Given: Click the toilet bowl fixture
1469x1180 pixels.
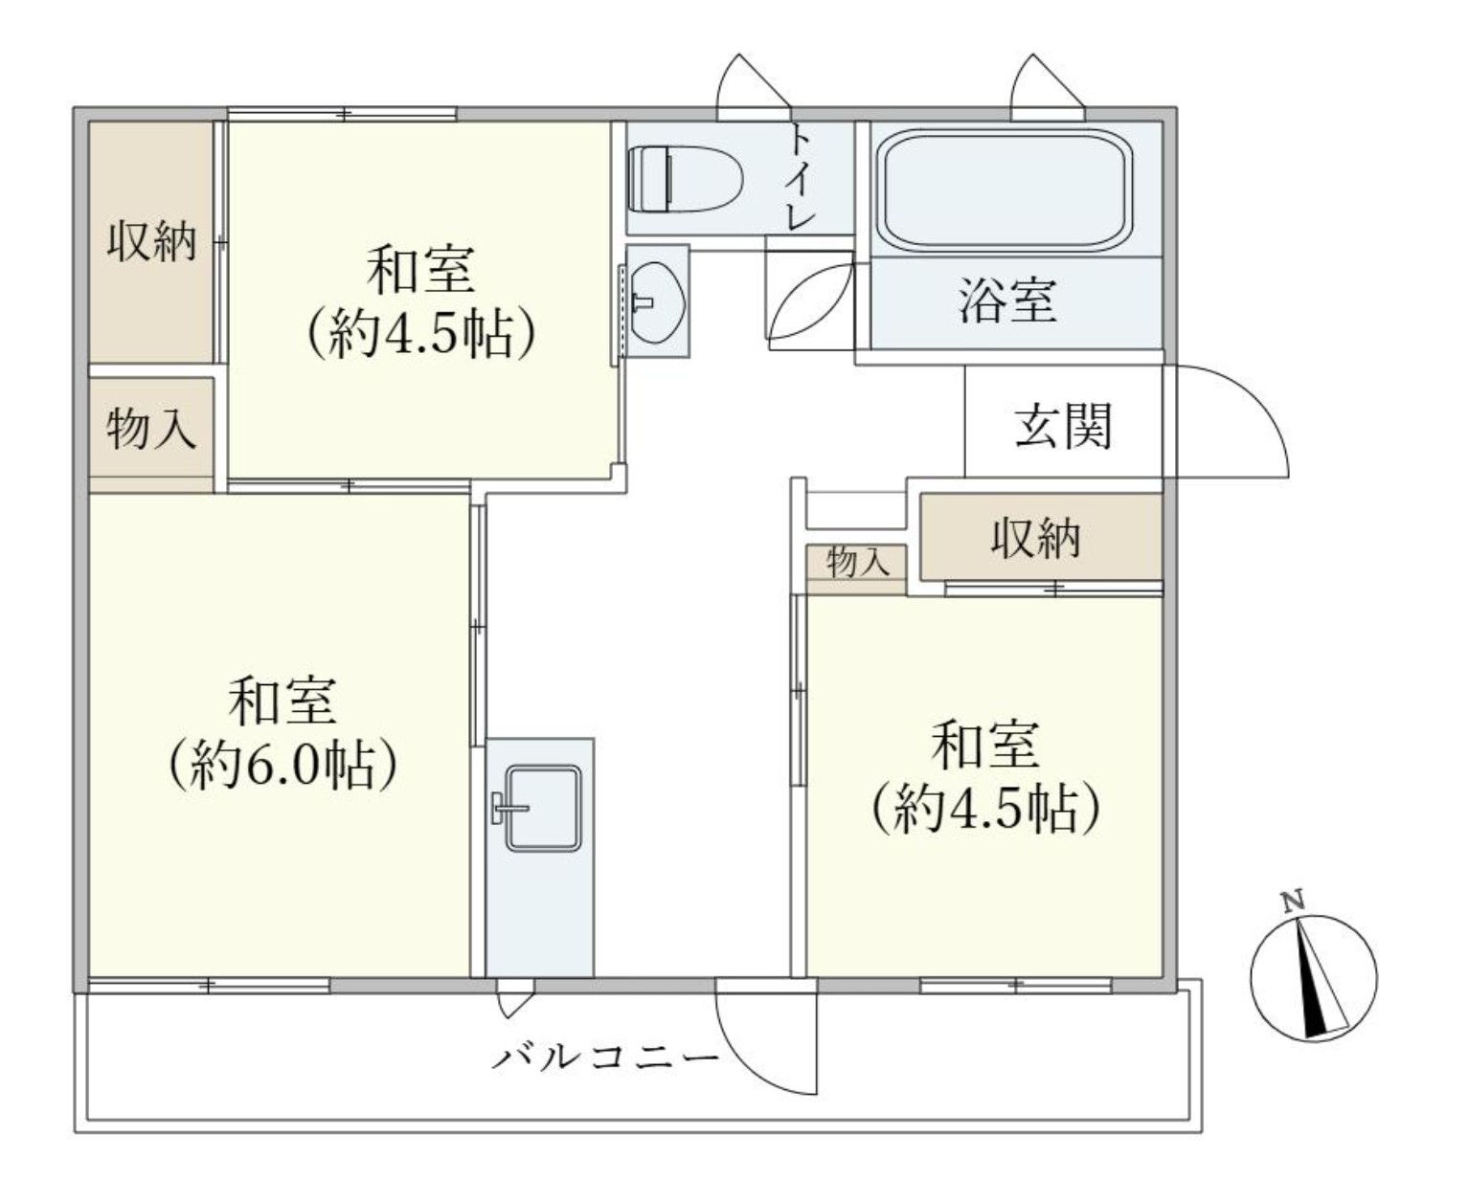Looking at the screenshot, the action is [685, 179].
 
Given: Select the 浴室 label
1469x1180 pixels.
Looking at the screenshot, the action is [1007, 301].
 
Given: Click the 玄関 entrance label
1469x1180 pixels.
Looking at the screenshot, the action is [1064, 425].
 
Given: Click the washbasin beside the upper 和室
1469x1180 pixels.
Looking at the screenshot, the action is [657, 301].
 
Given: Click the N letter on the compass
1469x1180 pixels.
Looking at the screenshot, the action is [1293, 901].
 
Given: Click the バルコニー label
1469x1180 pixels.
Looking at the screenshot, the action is [605, 1058].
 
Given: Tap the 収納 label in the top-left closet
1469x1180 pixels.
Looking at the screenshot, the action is [151, 241].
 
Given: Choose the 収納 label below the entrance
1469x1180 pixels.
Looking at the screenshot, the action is [1035, 538].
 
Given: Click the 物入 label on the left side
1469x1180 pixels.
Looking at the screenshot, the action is [151, 429].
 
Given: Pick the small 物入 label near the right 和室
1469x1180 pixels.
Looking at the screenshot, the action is [857, 564].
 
